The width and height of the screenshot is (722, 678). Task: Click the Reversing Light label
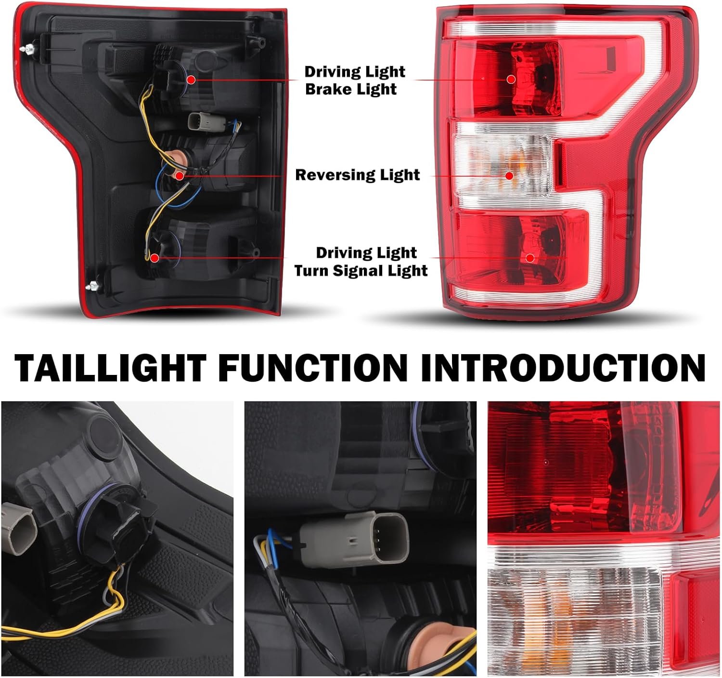pos(357,175)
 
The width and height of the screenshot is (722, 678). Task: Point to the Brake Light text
pos(351,89)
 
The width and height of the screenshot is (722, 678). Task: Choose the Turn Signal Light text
pos(361,270)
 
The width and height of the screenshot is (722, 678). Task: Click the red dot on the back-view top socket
pos(191,80)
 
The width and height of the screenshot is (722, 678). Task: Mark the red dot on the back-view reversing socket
pos(179,176)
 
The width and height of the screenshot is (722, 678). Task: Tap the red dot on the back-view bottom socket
pos(155,258)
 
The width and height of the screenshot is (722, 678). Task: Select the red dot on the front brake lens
pos(511,79)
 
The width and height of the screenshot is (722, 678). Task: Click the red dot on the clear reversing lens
pos(509,176)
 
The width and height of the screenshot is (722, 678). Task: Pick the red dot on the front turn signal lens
pos(530,258)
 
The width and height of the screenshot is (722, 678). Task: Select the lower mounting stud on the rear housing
pos(93,285)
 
